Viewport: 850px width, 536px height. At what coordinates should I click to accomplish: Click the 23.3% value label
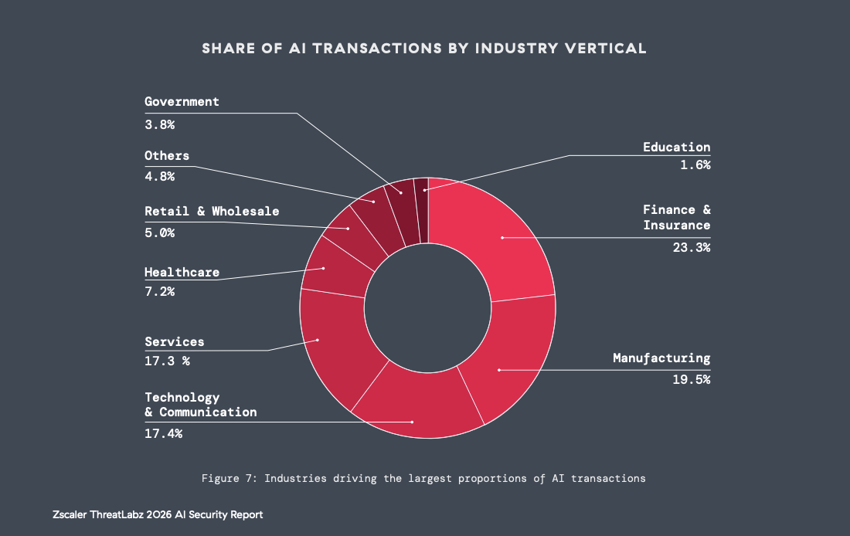pos(692,248)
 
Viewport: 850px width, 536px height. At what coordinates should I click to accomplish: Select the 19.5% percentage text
pos(692,379)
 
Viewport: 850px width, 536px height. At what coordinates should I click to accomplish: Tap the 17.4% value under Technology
pos(164,433)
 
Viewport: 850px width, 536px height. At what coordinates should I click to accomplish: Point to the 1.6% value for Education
pos(695,164)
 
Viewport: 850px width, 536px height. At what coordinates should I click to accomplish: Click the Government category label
pos(182,102)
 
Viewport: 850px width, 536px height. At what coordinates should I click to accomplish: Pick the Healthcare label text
pos(182,273)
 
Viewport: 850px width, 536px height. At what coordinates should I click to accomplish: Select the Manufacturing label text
pos(661,358)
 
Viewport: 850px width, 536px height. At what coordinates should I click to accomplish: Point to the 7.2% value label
pos(160,292)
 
